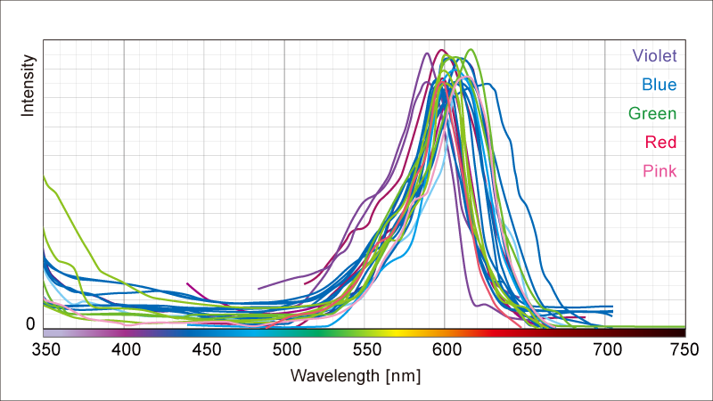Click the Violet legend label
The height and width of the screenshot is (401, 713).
pos(654,56)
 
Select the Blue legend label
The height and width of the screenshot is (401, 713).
pos(659,86)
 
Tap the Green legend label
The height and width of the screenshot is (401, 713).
pos(652,114)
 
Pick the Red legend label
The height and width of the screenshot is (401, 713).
pos(660,143)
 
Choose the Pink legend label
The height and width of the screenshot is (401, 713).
pos(659,171)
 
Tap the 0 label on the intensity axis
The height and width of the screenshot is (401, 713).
pos(30,324)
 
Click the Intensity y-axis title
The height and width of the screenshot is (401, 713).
pos(29,86)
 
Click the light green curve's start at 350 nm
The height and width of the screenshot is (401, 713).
pos(45,176)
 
